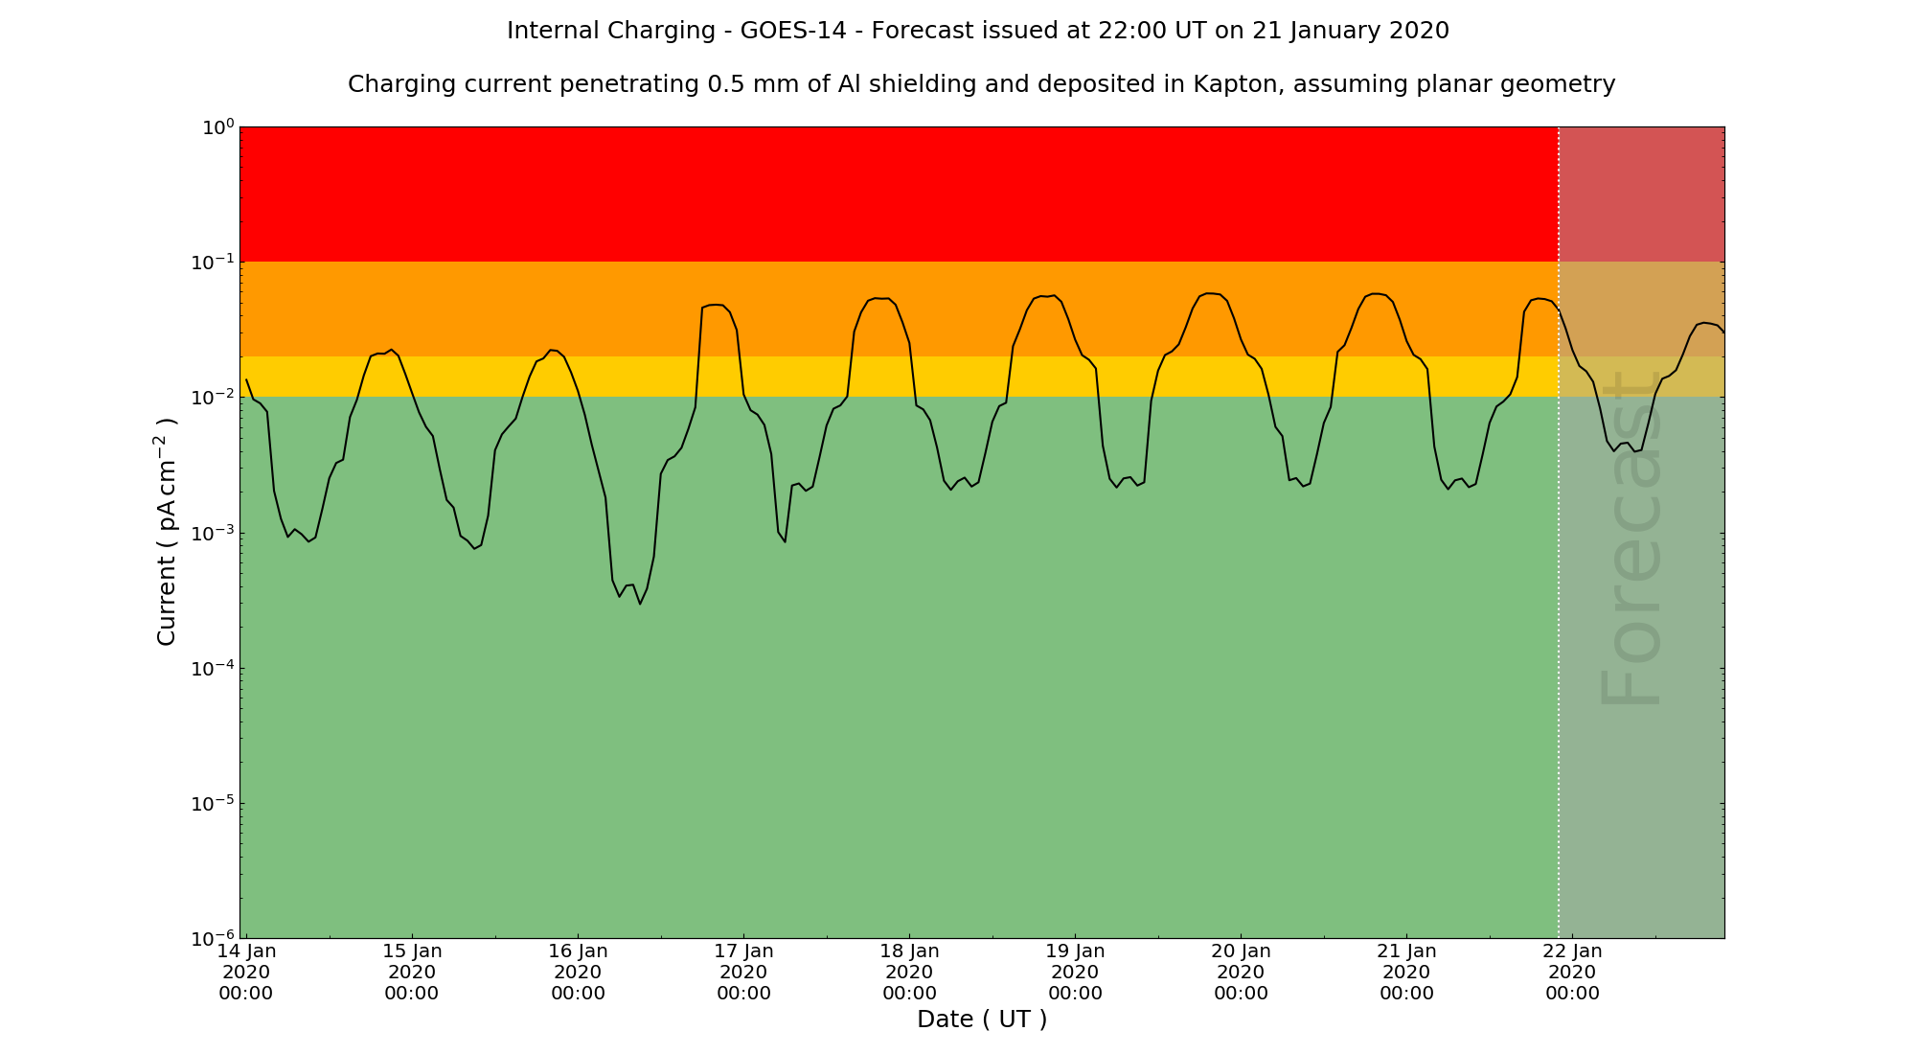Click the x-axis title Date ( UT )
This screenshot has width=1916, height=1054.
pos(982,1020)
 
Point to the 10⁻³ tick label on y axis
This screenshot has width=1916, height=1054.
pos(214,533)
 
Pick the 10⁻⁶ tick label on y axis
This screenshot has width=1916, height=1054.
pos(214,938)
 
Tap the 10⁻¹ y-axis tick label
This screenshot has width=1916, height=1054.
pos(214,263)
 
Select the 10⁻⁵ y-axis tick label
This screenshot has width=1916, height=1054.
pos(214,803)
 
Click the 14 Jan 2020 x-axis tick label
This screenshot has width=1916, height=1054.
pos(246,972)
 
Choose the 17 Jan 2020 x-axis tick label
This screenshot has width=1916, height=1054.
pos(744,972)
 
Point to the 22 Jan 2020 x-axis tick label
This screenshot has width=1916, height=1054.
pos(1573,972)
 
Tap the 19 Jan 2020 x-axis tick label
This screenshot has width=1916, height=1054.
pos(1076,972)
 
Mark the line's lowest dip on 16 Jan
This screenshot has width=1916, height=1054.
pos(640,604)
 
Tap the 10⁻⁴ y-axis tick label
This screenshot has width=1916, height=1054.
pos(214,668)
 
